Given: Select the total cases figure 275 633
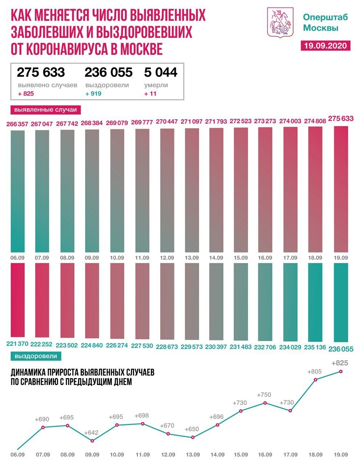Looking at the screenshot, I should (x=41, y=72).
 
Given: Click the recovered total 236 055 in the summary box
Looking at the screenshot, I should (x=108, y=72).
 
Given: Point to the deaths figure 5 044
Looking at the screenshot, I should (x=161, y=72).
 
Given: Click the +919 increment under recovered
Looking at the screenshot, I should (x=93, y=94).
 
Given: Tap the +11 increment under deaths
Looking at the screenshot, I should (x=150, y=94).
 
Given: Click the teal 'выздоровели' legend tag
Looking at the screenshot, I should (x=36, y=356).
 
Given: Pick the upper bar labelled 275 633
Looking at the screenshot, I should (x=341, y=189).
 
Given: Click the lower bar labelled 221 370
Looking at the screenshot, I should (x=18, y=300).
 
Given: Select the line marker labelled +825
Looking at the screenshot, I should (x=341, y=371).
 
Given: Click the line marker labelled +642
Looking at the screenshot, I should (x=92, y=441).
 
